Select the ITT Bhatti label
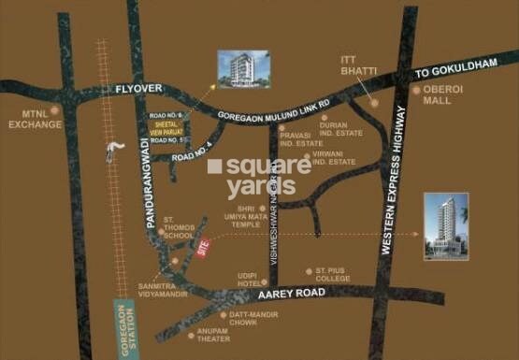356,68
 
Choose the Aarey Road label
305,294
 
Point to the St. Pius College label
328,275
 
